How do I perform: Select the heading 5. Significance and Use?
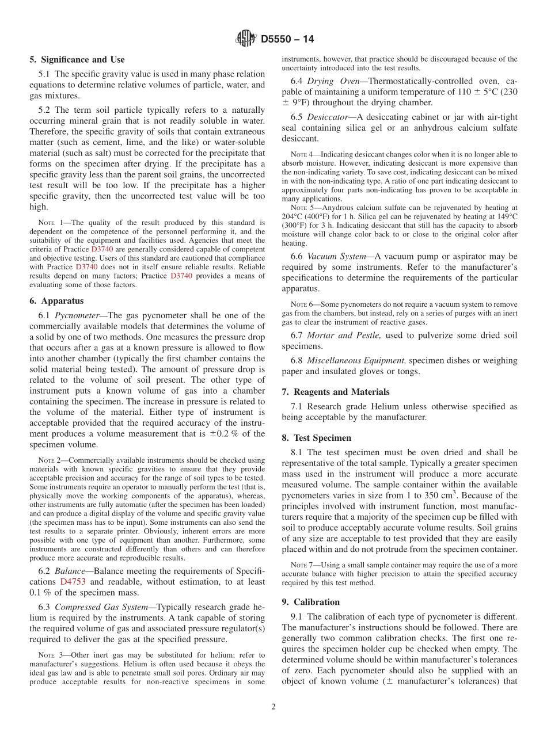point(77,59)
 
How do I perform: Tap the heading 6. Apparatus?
point(56,301)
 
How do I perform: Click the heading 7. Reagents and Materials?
point(335,392)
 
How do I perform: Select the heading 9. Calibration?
point(310,602)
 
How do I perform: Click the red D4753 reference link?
point(73,582)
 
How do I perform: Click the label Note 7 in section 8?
point(298,565)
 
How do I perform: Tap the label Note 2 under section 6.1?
point(46,460)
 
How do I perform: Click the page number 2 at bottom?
point(273,707)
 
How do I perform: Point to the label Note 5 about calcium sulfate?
point(298,207)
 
